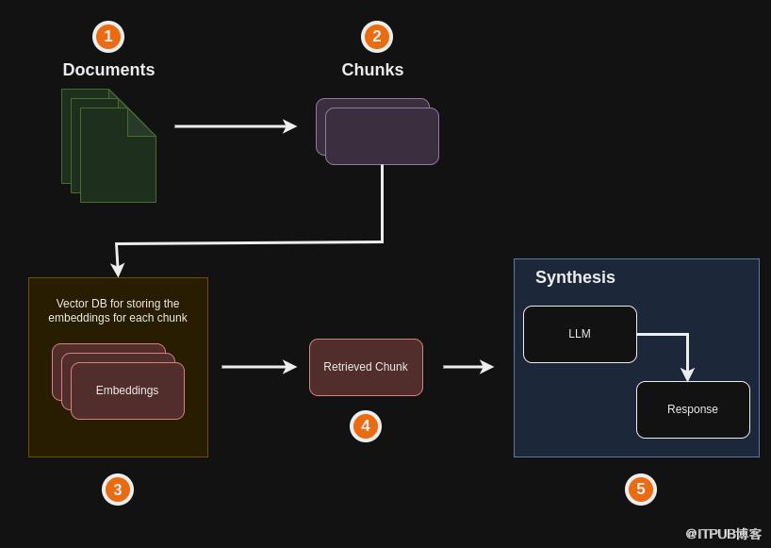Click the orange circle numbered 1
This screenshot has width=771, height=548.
(108, 37)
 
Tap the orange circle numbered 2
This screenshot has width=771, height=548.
(377, 37)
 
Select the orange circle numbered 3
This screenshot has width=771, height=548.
(118, 490)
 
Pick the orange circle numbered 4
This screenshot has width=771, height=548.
(366, 426)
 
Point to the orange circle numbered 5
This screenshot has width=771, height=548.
(641, 490)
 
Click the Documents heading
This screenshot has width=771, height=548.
(108, 70)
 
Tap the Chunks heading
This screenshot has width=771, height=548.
(372, 70)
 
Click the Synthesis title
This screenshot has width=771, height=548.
(575, 277)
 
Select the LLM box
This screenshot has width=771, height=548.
(580, 334)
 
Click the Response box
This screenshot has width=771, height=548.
(693, 409)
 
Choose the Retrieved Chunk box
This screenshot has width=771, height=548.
(366, 367)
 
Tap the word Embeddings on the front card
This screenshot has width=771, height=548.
(127, 390)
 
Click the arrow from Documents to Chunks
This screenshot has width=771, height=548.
(236, 126)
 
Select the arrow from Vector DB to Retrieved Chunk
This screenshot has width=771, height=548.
(259, 367)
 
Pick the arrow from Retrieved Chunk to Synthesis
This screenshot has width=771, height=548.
(468, 367)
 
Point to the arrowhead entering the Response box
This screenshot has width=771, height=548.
(687, 374)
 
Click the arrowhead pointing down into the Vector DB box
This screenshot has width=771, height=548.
(118, 270)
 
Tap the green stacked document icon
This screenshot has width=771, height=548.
(113, 151)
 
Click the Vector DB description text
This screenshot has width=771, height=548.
(118, 310)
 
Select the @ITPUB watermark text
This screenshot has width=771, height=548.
(723, 534)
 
